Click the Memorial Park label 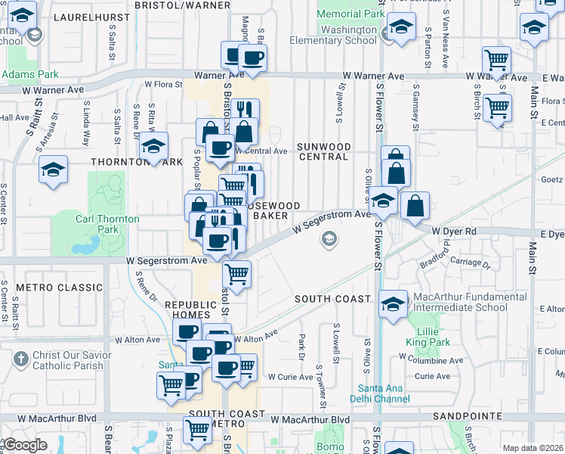point(350,14)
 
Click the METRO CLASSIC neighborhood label point(59,288)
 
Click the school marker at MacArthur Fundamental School point(393,304)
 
